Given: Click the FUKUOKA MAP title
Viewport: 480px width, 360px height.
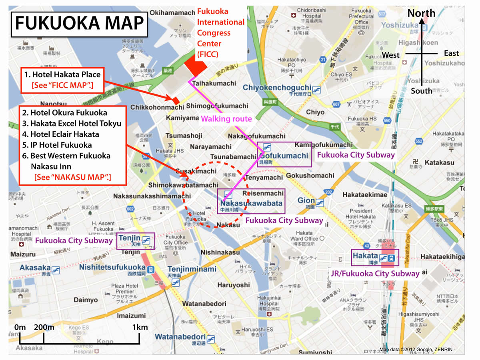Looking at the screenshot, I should tap(79, 24).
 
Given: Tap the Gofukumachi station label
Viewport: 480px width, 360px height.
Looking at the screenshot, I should tap(284, 156).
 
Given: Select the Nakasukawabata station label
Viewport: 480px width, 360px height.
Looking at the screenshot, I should tap(251, 203).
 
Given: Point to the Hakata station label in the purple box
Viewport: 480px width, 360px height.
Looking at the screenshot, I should tap(365, 256).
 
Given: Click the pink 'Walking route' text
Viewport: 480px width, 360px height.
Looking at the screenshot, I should tap(226, 118).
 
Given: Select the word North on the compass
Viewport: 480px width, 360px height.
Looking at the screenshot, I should tap(421, 13).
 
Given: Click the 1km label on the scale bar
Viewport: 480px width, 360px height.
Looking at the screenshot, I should tap(140, 327).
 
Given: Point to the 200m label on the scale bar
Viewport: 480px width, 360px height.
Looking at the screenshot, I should tap(44, 327).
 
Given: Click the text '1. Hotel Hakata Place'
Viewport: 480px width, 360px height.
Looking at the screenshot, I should tap(62, 74).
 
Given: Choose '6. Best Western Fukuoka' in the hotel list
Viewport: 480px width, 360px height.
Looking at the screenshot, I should tap(66, 156).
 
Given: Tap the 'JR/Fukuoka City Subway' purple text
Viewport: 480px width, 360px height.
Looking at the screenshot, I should tap(375, 274).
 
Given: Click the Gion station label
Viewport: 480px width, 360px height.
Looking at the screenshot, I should tap(306, 200).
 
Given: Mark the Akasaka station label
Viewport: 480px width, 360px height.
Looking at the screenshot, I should tap(35, 268).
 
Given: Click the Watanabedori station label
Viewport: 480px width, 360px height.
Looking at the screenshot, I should tap(180, 336).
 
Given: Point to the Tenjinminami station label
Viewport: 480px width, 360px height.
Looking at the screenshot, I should tap(192, 269).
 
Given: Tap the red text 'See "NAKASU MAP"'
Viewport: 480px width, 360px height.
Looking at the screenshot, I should tap(72, 176).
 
